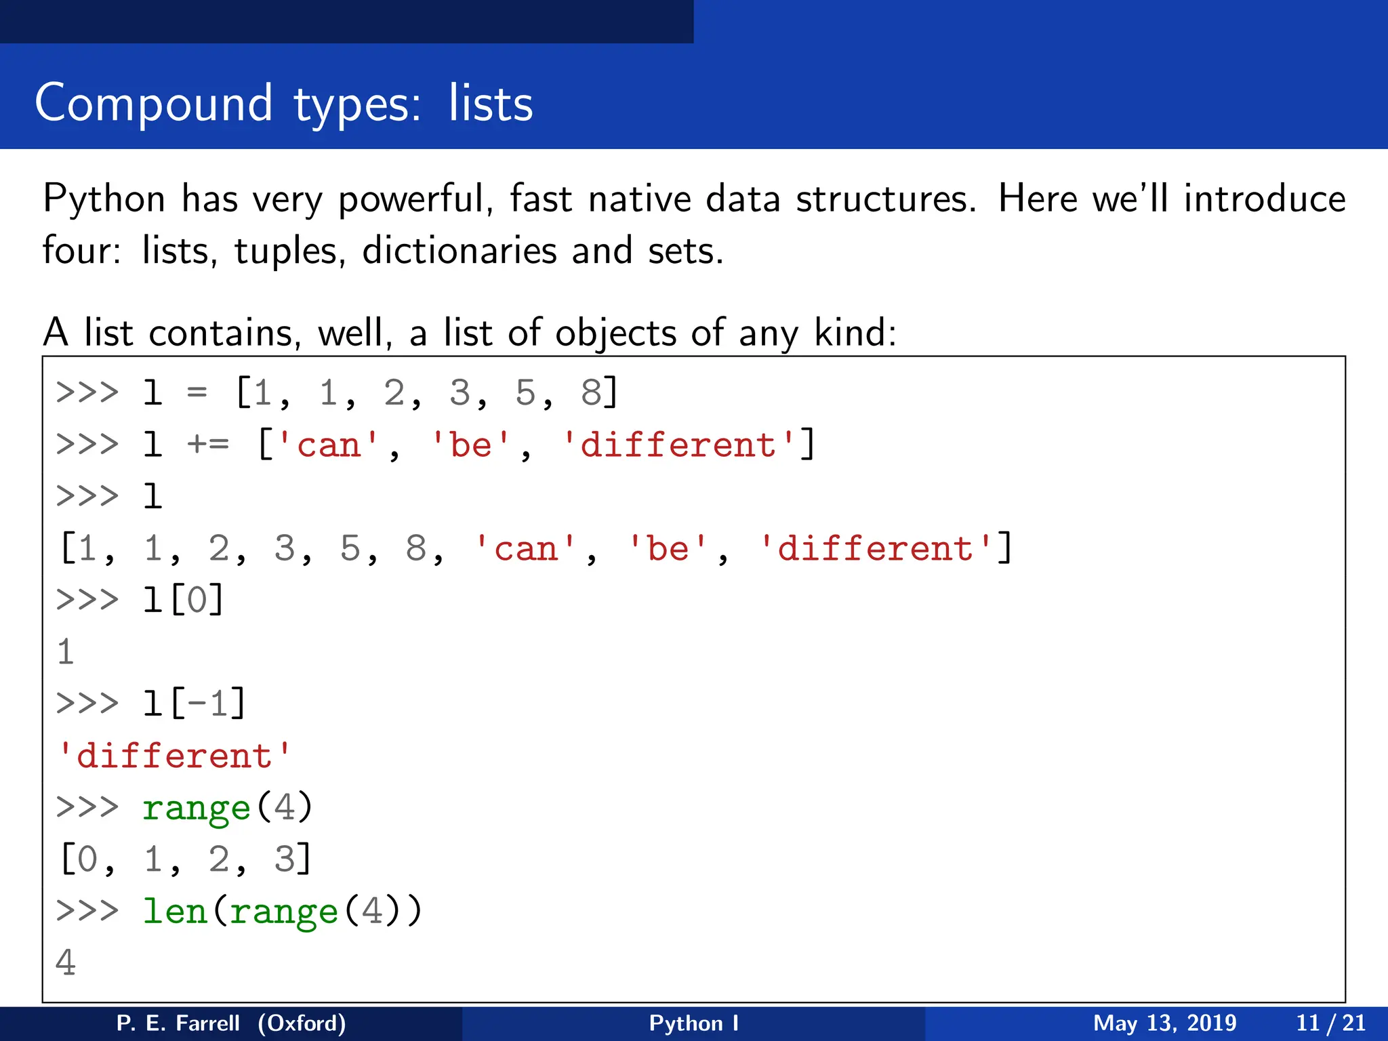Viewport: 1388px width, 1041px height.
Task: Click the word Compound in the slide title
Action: pyautogui.click(x=154, y=104)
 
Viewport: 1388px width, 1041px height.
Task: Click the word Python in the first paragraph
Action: pyautogui.click(x=104, y=200)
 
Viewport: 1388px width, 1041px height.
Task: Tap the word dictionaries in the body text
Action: pyautogui.click(x=459, y=251)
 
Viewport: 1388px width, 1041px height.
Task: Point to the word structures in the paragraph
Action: pyautogui.click(x=885, y=199)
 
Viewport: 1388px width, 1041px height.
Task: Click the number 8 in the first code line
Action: pyautogui.click(x=591, y=393)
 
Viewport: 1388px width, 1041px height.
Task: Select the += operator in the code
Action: pyautogui.click(x=207, y=445)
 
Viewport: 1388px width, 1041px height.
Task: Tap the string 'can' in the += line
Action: pyautogui.click(x=329, y=445)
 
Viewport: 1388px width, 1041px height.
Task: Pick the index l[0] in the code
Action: pyautogui.click(x=183, y=600)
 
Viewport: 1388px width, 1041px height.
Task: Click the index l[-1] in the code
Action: pyautogui.click(x=194, y=703)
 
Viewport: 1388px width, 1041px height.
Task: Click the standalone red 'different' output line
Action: pyautogui.click(x=174, y=756)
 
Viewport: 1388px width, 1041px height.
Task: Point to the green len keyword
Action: pyautogui.click(x=174, y=911)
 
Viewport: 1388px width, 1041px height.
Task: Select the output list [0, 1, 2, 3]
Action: pyautogui.click(x=185, y=859)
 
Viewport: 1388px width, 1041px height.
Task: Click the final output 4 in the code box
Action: pyautogui.click(x=66, y=962)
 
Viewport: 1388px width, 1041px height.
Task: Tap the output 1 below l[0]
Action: pyautogui.click(x=66, y=652)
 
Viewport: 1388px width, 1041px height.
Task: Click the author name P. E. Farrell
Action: pyautogui.click(x=178, y=1023)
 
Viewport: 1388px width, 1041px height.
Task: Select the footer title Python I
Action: pyautogui.click(x=693, y=1023)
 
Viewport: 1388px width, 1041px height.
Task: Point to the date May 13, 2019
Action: pyautogui.click(x=1164, y=1023)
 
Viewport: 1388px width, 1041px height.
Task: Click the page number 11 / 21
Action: pyautogui.click(x=1330, y=1023)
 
